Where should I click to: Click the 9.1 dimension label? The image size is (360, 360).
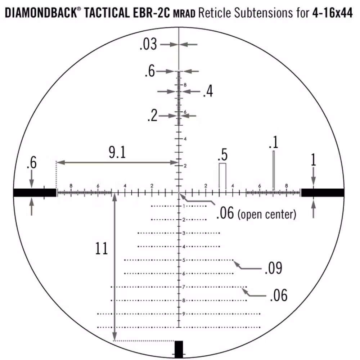click(x=117, y=153)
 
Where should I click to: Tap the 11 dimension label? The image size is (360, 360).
click(x=102, y=248)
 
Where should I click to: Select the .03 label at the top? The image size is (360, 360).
click(x=148, y=45)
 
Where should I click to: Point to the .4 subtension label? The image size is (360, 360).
click(x=208, y=92)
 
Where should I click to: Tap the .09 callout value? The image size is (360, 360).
click(x=273, y=268)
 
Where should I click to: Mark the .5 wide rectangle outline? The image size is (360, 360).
click(x=222, y=176)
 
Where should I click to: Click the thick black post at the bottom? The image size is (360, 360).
click(x=179, y=349)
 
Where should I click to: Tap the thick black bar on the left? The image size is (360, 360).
click(x=35, y=193)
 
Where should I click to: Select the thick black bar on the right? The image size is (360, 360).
click(x=323, y=193)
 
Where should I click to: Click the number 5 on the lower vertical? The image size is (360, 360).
click(x=184, y=260)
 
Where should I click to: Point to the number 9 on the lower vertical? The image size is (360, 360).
click(x=184, y=314)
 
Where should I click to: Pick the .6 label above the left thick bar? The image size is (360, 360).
click(x=31, y=163)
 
